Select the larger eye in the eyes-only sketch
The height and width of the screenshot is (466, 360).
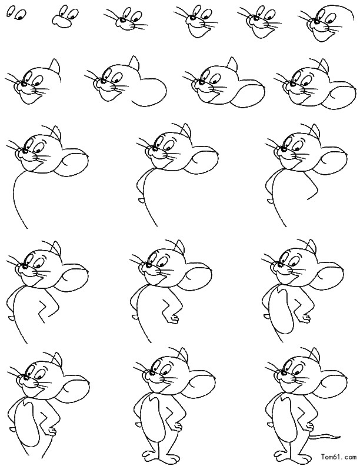(x=21, y=14)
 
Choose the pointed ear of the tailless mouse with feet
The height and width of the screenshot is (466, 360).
(x=184, y=355)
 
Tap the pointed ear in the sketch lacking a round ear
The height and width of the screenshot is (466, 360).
(x=55, y=66)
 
